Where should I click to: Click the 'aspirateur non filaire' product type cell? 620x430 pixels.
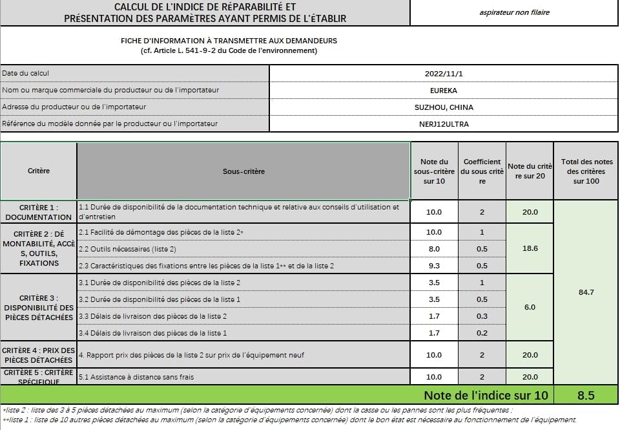coord(515,12)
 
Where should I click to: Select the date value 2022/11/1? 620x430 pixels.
coord(444,74)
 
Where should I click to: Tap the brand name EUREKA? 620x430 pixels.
coord(444,91)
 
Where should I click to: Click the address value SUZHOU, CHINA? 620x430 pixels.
coord(444,107)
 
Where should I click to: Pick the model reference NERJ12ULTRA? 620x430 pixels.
coord(444,124)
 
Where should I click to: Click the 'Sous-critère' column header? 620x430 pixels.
coord(243,171)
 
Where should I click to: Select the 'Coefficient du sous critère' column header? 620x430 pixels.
coord(482,171)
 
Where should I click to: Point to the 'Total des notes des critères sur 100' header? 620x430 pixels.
coord(586,171)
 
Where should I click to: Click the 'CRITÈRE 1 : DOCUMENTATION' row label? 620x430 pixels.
coord(39,212)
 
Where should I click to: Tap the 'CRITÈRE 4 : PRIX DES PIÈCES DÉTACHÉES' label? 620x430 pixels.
coord(39,355)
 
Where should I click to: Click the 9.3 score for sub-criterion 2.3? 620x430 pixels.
coord(434,266)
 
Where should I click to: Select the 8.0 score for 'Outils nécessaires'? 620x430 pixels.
coord(434,249)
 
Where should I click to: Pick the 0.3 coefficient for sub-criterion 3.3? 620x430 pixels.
coord(482,316)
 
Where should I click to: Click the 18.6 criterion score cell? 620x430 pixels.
coord(530,248)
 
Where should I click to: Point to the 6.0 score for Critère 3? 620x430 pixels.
coord(530,307)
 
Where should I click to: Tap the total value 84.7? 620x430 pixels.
coord(586,292)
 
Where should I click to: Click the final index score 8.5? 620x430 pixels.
coord(586,395)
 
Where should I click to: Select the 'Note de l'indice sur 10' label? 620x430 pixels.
coord(485,395)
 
